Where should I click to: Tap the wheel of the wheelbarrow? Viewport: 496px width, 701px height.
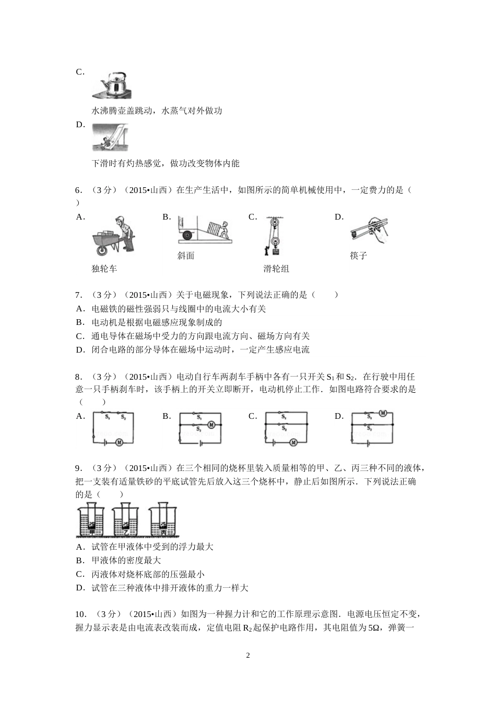click(103, 251)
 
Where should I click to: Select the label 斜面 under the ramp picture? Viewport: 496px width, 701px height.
click(186, 256)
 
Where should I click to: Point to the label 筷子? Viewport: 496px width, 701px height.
click(359, 256)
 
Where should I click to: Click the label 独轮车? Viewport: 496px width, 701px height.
click(104, 269)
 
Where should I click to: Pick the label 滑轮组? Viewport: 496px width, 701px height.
click(276, 269)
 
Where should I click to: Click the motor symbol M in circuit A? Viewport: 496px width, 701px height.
click(119, 442)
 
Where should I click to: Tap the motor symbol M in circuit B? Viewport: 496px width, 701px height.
click(211, 425)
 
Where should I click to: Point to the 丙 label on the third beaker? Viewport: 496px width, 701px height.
click(164, 533)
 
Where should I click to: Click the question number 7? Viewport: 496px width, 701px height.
click(78, 295)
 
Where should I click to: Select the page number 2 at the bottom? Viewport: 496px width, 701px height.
click(248, 655)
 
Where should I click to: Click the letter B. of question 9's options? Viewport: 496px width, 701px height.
click(80, 560)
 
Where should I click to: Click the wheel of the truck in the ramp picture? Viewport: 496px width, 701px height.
click(186, 236)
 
